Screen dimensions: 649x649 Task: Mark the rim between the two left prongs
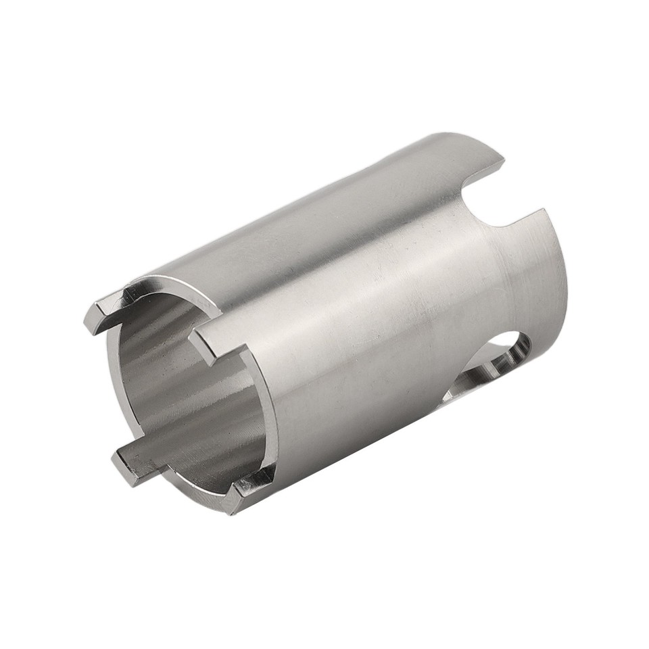pos(112,392)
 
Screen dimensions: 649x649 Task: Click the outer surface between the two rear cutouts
pos(534,284)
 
